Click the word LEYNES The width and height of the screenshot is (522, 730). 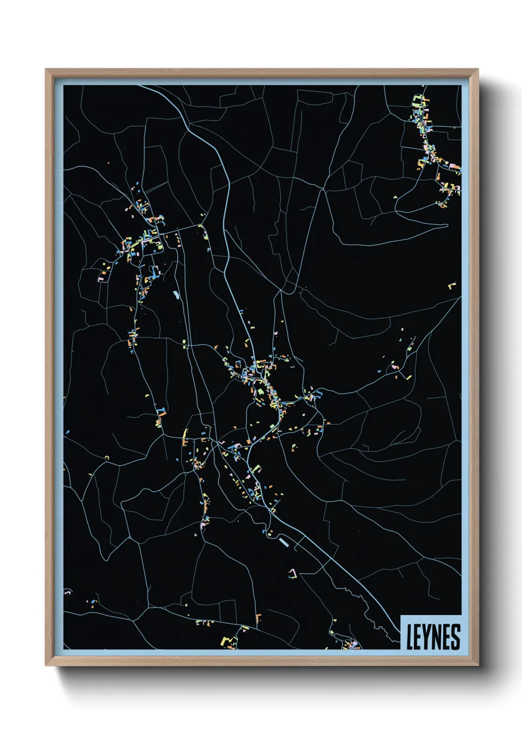433,637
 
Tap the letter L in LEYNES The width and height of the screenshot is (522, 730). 410,637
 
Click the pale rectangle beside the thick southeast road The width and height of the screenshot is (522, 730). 283,542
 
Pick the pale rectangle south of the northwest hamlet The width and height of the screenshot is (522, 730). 176,295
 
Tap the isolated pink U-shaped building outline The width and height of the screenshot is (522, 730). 294,573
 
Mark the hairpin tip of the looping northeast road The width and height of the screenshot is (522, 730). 447,225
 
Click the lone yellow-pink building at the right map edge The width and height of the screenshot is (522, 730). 452,285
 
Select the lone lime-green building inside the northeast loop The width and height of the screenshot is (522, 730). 395,198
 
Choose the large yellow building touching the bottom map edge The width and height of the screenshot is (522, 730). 225,641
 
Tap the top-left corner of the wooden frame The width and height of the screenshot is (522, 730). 46,70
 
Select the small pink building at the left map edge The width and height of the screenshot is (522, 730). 68,591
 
